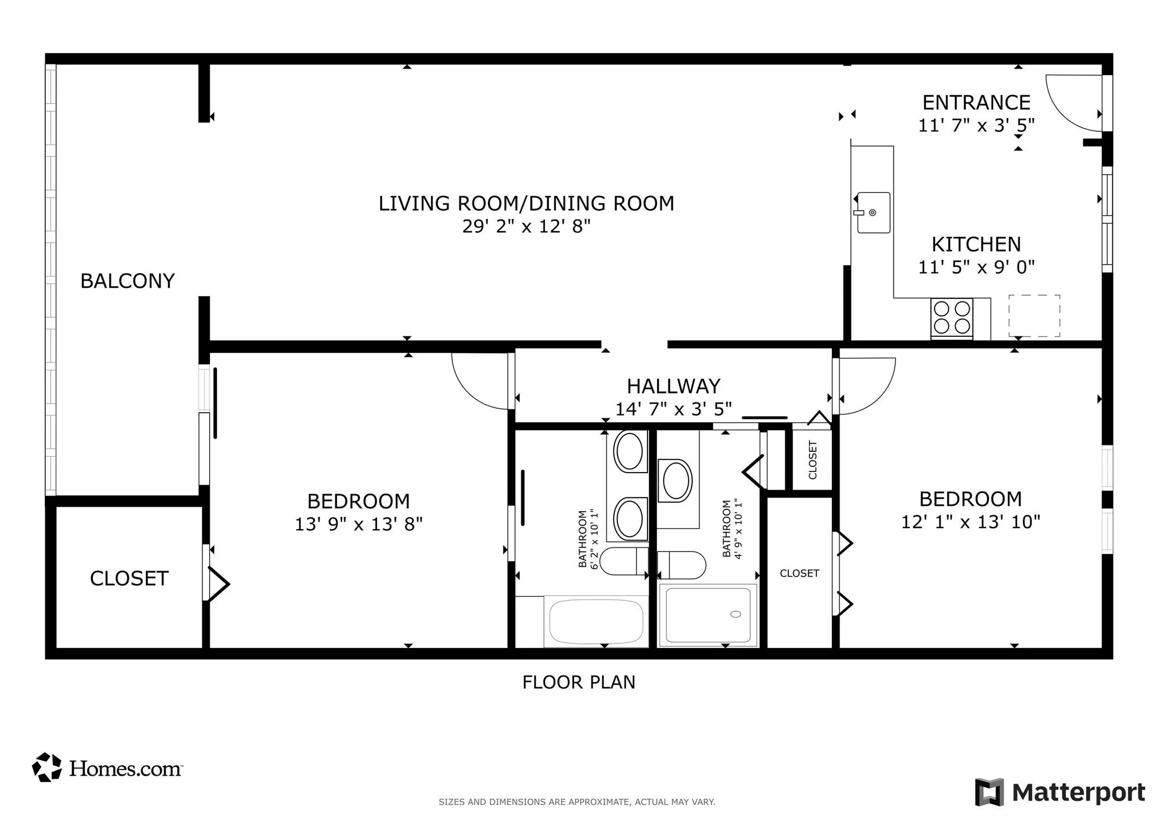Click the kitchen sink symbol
coord(873,213)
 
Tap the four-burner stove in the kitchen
coord(952,318)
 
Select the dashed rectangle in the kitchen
coord(1034,316)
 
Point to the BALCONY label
coord(127,281)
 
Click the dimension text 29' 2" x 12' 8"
coord(526,227)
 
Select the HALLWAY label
coord(673,386)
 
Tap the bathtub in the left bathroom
coord(596,621)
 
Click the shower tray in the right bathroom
coord(708,615)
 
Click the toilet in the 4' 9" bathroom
coord(683,565)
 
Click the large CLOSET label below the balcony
coord(129,578)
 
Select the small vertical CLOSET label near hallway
coord(813,460)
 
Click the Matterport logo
coord(1060,792)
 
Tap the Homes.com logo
coord(107,768)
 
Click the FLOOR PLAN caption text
coord(578,682)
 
